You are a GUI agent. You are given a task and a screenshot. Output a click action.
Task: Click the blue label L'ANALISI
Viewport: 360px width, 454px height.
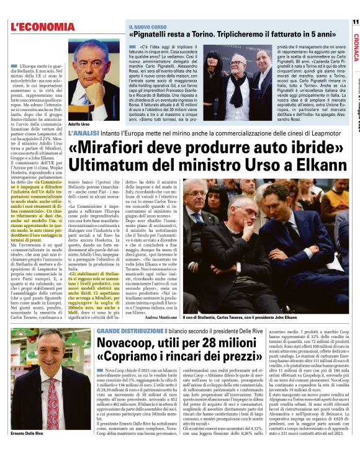pos(83,133)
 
